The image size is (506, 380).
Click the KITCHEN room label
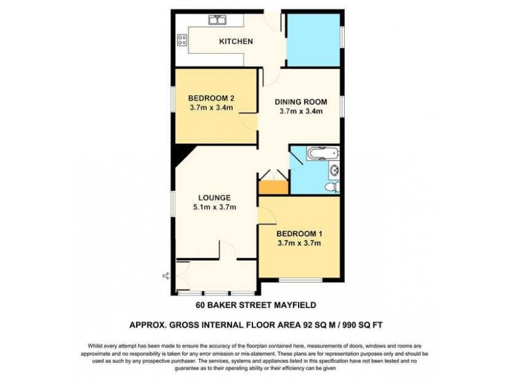[x=235, y=42]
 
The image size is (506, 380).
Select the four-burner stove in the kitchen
[x=182, y=41]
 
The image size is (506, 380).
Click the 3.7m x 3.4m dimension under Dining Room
[x=301, y=111]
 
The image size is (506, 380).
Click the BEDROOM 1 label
[x=300, y=232]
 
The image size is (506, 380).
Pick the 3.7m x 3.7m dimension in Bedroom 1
[x=300, y=241]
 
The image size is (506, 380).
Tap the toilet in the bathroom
[x=329, y=186]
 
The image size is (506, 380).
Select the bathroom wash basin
[x=334, y=169]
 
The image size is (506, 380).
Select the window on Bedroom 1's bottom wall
[x=300, y=279]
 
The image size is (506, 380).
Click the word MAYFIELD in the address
[x=288, y=305]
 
